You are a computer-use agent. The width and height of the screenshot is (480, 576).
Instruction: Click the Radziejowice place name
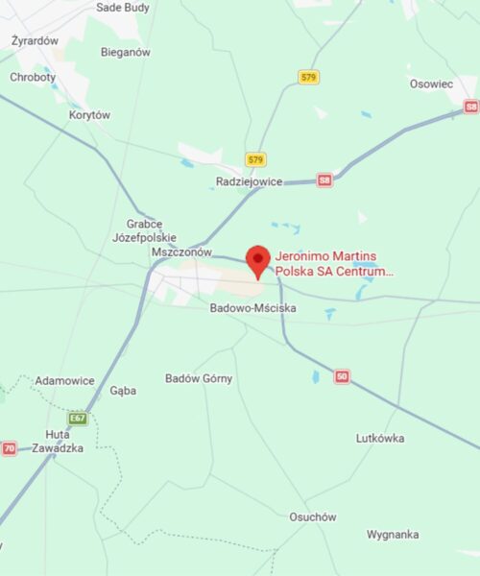249,180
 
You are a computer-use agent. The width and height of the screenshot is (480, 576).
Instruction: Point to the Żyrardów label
36,41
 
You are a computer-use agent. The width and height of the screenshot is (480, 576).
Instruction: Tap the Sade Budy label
123,7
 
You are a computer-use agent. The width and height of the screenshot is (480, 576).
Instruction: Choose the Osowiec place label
431,84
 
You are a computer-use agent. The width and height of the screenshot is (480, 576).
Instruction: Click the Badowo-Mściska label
252,308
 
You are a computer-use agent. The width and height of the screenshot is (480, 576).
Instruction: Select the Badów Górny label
199,378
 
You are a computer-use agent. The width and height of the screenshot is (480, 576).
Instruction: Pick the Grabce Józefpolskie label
144,229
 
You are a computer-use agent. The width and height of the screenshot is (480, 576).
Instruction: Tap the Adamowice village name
64,381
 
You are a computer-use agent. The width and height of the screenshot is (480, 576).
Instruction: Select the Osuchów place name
313,516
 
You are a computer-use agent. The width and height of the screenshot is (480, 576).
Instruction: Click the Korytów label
89,115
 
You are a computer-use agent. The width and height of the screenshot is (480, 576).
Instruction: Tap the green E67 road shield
78,419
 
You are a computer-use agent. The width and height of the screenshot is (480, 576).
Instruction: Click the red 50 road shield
342,376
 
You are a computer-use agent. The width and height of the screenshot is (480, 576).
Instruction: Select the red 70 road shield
10,448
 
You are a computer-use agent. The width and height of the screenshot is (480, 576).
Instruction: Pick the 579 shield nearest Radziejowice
255,159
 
